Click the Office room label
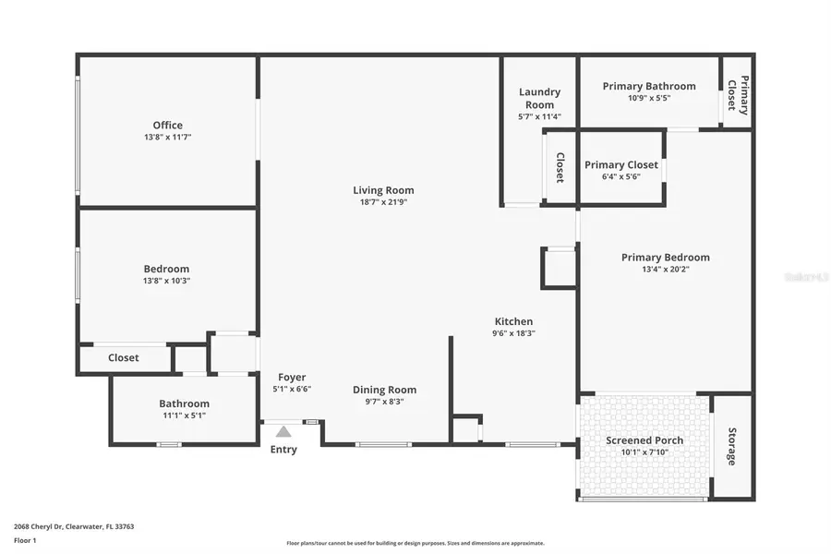[x=167, y=126]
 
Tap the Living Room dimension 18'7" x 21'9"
[x=383, y=202]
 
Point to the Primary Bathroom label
[x=649, y=87]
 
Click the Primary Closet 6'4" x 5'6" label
[x=621, y=165]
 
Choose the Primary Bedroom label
[x=665, y=258]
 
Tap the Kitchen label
[x=513, y=321]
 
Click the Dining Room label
[x=384, y=390]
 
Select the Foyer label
[x=292, y=378]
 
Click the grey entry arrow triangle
[x=283, y=431]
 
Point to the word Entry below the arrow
[x=283, y=450]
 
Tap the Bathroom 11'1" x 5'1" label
[x=184, y=403]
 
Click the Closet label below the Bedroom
[x=124, y=357]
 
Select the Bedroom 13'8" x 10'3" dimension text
[x=167, y=281]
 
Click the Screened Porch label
[x=644, y=440]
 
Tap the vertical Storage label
[x=732, y=446]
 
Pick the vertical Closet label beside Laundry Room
[x=560, y=167]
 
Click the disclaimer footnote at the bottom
[x=415, y=543]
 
